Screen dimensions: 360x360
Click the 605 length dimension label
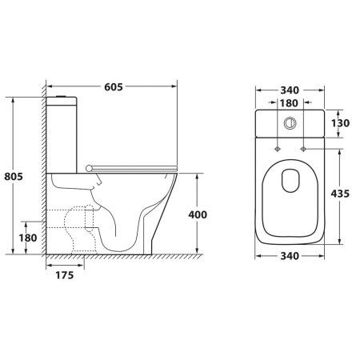point(114,87)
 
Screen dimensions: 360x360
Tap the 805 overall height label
point(14,176)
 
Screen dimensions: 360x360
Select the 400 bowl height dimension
point(198,214)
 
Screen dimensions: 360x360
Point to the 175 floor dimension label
point(65,275)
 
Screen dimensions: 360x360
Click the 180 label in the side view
point(28,238)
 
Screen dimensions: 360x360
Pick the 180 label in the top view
point(290,103)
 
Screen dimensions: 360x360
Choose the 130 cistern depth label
point(340,123)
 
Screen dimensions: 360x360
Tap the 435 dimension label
point(340,194)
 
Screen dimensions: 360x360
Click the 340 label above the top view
point(290,90)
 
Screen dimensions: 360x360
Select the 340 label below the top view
point(290,256)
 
